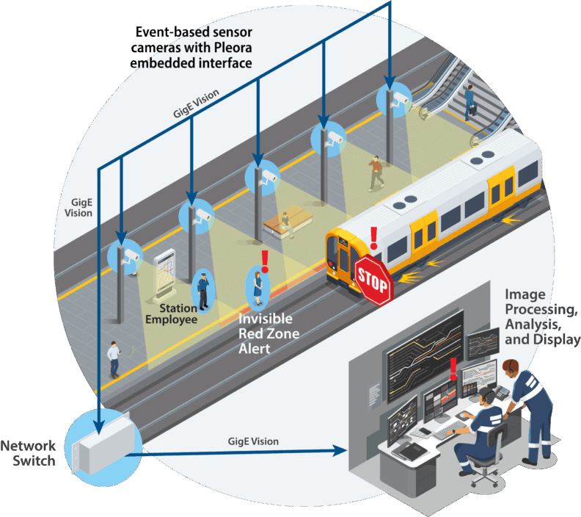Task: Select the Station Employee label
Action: click(x=171, y=314)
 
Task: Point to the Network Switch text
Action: click(x=28, y=453)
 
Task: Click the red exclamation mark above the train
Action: click(x=373, y=237)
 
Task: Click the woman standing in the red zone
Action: click(x=258, y=286)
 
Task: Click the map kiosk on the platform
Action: click(x=165, y=272)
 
